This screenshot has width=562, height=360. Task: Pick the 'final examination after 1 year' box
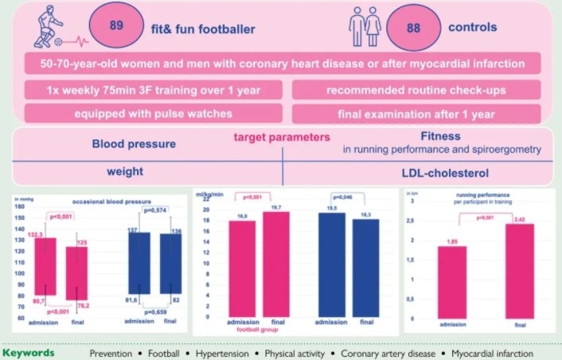click(x=416, y=113)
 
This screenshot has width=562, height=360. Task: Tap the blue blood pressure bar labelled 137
click(x=139, y=263)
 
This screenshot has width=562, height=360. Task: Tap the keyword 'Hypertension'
click(x=228, y=352)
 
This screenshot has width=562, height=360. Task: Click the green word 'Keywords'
click(x=29, y=352)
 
